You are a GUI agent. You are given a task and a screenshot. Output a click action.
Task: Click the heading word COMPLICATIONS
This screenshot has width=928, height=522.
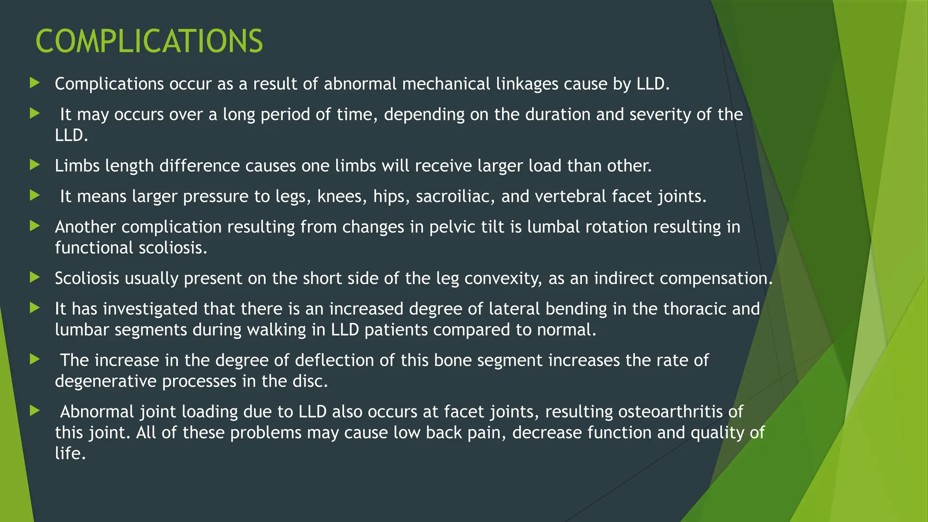coord(149,41)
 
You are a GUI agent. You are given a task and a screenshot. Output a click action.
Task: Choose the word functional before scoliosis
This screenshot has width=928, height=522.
coord(94,248)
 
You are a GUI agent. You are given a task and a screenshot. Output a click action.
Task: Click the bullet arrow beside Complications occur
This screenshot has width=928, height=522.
coord(35,83)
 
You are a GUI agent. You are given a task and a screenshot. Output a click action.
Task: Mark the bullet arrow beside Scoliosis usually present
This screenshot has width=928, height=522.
coord(35,277)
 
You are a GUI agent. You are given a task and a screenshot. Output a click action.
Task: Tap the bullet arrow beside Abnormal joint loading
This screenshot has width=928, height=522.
coord(35,411)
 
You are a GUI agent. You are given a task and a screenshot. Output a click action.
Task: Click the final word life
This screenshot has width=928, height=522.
coord(70,453)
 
